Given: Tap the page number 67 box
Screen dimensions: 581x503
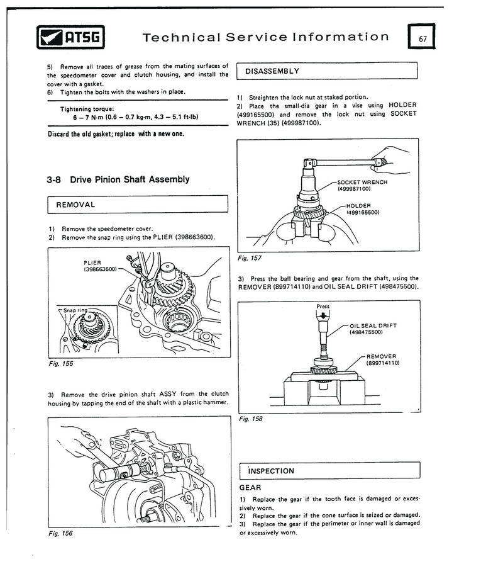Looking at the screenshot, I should click(x=421, y=38).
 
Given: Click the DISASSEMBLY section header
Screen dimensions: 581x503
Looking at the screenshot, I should click(x=272, y=71).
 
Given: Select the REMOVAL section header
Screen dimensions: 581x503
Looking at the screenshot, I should click(x=75, y=205).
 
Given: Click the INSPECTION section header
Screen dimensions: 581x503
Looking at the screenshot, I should click(x=271, y=471).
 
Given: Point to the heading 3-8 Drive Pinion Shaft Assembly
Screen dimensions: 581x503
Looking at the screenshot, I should click(x=118, y=179).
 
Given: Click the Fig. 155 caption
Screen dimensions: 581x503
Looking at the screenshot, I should click(x=60, y=363).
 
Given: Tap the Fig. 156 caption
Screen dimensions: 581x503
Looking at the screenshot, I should click(x=60, y=533).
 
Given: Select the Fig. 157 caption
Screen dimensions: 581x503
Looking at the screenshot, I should click(x=250, y=258).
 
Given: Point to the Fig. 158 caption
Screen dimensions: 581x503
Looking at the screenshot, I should click(x=250, y=419).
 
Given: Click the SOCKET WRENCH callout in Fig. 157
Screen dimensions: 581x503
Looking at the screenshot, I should click(x=362, y=185).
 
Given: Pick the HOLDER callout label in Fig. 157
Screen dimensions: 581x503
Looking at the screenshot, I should click(x=358, y=208).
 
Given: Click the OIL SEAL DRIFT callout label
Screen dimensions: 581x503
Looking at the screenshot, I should click(x=373, y=329).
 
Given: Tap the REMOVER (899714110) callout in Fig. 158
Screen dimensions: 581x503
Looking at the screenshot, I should click(x=382, y=359).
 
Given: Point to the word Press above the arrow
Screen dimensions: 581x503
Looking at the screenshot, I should click(x=323, y=307).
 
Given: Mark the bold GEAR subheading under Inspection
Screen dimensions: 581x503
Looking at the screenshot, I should click(x=251, y=487).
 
